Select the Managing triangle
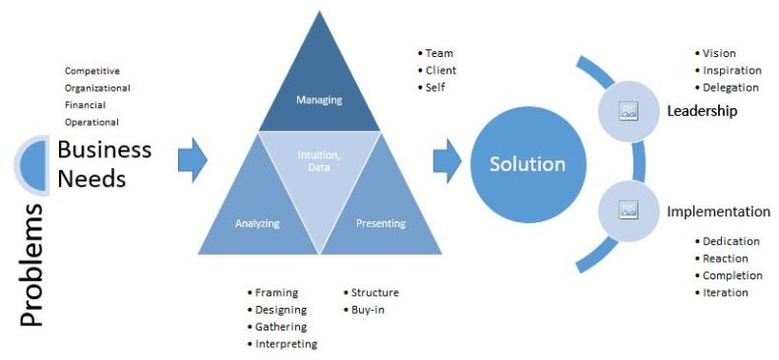click(318, 93)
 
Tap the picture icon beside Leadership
click(629, 111)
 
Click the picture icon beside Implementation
click(629, 210)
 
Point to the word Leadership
click(701, 111)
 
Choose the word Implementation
click(718, 210)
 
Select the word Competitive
click(92, 71)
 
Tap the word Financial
click(86, 105)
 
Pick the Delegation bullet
click(730, 88)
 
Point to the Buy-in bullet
click(369, 310)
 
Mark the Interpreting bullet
click(285, 343)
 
